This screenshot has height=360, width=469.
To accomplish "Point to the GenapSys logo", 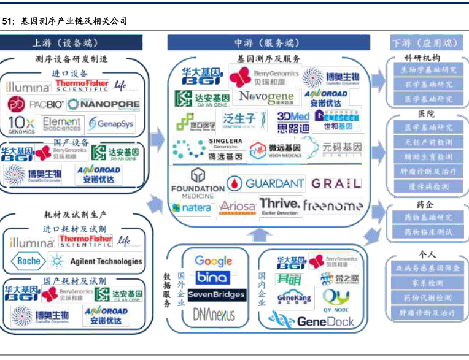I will tap(111, 124).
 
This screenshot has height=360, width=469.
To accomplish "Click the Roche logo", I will tap(27, 261).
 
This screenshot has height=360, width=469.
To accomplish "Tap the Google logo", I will tap(213, 261).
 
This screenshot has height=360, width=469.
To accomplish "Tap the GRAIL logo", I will tap(336, 183).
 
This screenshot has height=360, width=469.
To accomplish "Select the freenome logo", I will tap(333, 206).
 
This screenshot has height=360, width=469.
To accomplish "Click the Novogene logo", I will tap(266, 98).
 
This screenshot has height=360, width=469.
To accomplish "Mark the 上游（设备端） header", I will tap(72, 43).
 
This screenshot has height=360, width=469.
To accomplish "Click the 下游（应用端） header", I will tap(425, 43).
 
